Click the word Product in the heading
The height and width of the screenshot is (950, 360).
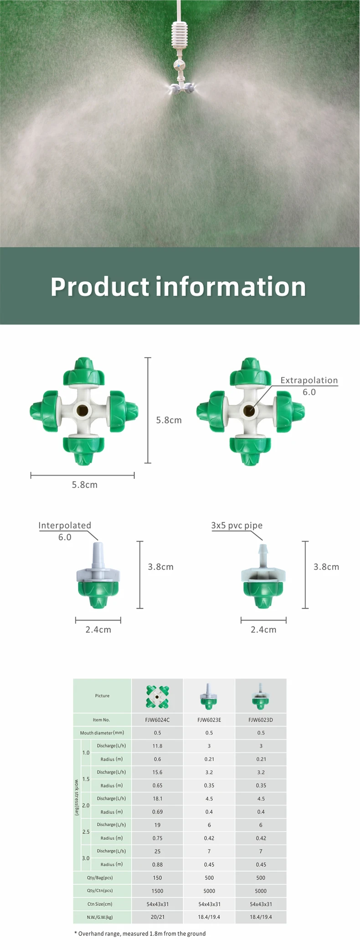click(x=100, y=287)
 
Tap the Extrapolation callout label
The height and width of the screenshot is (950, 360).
click(x=309, y=380)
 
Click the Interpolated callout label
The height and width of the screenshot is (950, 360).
click(x=65, y=525)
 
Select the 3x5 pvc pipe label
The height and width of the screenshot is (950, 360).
click(x=237, y=525)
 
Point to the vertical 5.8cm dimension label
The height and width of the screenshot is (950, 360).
click(x=169, y=420)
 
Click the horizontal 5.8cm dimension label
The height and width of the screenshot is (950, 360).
click(x=85, y=485)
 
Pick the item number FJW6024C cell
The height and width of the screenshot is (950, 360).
click(x=157, y=720)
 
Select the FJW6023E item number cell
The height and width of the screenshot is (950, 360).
click(x=209, y=720)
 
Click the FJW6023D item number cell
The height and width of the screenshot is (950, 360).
click(x=261, y=720)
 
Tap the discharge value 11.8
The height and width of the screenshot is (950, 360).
click(x=157, y=746)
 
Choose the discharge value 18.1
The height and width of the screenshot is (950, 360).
click(x=157, y=799)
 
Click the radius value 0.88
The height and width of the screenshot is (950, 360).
click(x=157, y=864)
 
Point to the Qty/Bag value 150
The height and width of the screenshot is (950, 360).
click(x=157, y=878)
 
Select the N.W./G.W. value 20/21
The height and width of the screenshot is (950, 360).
click(x=157, y=917)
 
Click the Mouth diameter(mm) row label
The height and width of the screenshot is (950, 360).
click(x=102, y=733)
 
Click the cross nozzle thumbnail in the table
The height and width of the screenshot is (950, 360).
click(x=157, y=696)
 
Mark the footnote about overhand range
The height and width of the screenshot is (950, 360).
click(x=140, y=934)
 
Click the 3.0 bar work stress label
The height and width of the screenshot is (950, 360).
click(x=86, y=858)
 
